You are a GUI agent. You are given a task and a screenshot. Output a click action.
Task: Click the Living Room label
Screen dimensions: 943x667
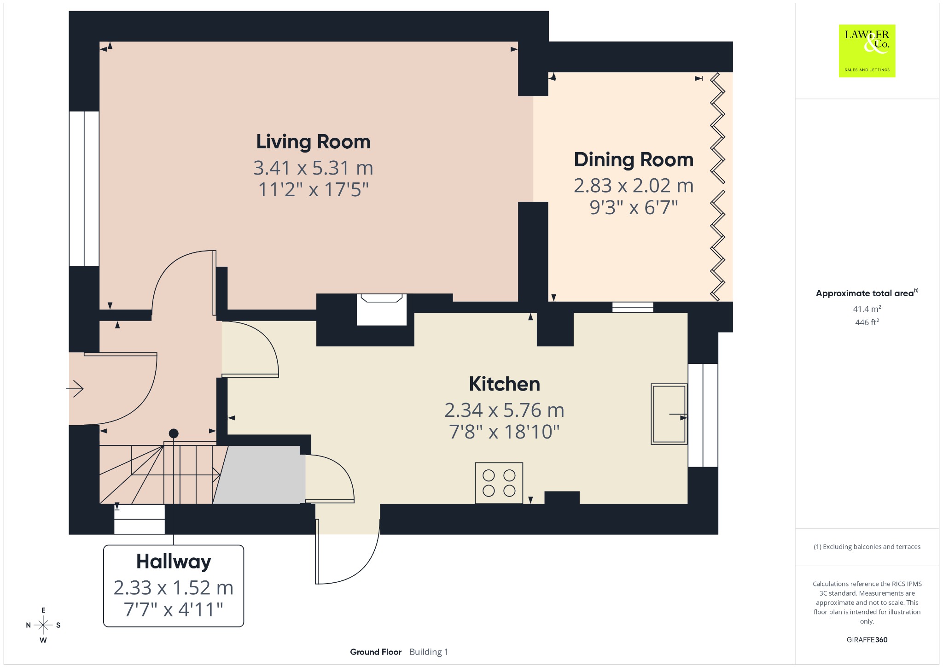tap(313, 142)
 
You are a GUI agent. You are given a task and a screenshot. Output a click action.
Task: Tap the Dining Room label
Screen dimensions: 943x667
tap(634, 160)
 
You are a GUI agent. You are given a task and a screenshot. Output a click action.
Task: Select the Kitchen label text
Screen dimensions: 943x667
tap(504, 384)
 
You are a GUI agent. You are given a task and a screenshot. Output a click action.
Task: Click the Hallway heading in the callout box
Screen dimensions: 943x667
tap(174, 562)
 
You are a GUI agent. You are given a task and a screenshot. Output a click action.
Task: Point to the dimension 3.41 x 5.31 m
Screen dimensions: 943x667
tap(313, 168)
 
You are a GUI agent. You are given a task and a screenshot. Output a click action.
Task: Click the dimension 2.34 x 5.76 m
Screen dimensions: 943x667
tap(504, 410)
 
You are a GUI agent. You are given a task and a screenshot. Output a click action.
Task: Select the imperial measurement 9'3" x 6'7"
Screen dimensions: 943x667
tap(634, 207)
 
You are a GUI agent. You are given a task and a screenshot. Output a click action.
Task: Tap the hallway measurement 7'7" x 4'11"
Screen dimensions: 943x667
tap(174, 609)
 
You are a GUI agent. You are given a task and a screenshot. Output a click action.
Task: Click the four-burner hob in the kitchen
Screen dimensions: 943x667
tap(499, 483)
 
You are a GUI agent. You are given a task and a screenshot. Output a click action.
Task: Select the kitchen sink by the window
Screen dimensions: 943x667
tap(669, 414)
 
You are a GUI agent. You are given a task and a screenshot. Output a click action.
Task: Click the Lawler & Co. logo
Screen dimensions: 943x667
tap(867, 51)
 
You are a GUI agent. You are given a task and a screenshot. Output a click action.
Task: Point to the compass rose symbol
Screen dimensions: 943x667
tap(43, 625)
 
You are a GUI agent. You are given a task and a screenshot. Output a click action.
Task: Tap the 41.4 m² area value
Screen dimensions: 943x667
tap(867, 309)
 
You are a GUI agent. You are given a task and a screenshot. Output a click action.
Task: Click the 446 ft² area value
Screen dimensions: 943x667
tap(867, 322)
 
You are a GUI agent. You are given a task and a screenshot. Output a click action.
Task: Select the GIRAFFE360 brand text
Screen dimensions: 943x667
tap(867, 639)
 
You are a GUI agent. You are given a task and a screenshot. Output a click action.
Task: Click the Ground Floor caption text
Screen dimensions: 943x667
tap(376, 652)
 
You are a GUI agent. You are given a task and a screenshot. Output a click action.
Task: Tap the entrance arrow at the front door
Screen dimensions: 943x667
tap(75, 389)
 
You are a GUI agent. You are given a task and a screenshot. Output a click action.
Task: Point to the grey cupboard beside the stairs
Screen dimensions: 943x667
tap(259, 474)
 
